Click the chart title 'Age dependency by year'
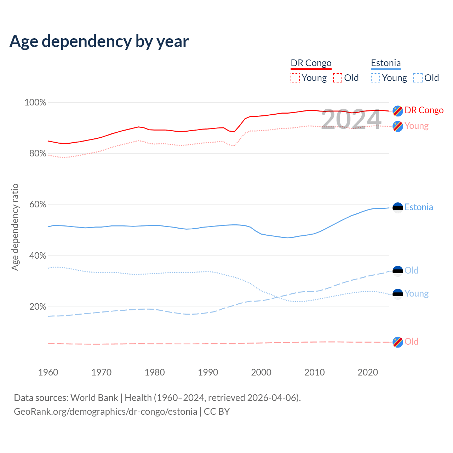(99, 41)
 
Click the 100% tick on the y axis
(35, 103)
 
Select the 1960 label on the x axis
(48, 372)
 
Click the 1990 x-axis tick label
(208, 372)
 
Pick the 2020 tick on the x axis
(368, 372)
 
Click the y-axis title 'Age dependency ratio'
(15, 227)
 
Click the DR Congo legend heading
(311, 63)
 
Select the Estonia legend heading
(386, 63)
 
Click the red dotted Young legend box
(295, 78)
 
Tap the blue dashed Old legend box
(418, 78)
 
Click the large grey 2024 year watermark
(351, 119)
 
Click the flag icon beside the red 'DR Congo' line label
(398, 111)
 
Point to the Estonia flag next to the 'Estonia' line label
(398, 208)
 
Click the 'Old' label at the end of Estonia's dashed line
(412, 270)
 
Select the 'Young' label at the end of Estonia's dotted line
(417, 293)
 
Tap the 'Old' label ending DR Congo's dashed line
(412, 342)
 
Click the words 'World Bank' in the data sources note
(94, 398)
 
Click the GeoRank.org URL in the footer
(105, 412)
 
